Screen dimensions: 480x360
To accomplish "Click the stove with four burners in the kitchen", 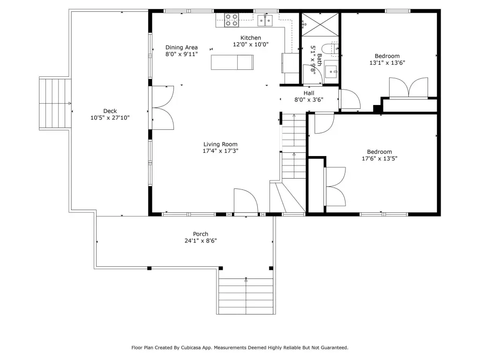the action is (x=232, y=20).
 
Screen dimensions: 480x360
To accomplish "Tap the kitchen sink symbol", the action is (x=265, y=21).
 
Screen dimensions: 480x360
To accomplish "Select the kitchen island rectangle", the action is (x=232, y=62).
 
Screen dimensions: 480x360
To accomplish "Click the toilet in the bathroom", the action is (x=330, y=50).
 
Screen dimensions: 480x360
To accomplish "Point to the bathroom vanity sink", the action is (x=331, y=72).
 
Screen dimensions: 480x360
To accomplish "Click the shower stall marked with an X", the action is (x=320, y=24).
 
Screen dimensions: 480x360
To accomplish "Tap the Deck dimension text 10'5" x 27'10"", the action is (x=110, y=118).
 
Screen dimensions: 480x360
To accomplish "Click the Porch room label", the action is (x=201, y=234).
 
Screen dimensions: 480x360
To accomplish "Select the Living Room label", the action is (x=220, y=144).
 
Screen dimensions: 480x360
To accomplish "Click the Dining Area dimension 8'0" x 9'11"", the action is (x=181, y=54).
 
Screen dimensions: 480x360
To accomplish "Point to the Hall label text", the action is (x=309, y=93).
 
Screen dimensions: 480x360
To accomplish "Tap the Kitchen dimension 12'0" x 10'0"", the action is (x=251, y=45).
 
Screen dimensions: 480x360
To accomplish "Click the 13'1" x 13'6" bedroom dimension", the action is (x=387, y=63).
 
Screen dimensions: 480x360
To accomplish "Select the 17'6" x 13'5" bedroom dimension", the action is (x=380, y=158).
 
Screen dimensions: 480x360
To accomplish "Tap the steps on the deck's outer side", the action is (x=55, y=104).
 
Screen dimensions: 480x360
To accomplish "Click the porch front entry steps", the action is (x=246, y=296).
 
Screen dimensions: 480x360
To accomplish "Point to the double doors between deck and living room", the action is (x=163, y=108).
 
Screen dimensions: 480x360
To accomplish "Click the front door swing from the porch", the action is (x=246, y=201).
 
